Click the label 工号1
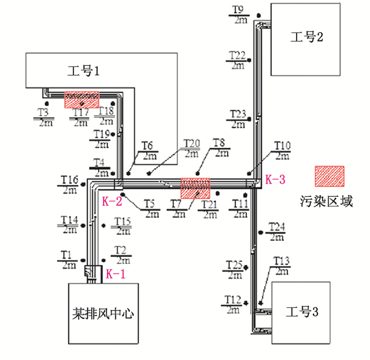(x=84, y=70)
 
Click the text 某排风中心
(x=104, y=314)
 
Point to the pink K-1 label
(x=116, y=274)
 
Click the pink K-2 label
(x=112, y=201)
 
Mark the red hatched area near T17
(x=81, y=99)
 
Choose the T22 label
(x=237, y=55)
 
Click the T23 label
(x=239, y=114)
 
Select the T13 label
(x=282, y=261)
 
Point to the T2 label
(x=122, y=250)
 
